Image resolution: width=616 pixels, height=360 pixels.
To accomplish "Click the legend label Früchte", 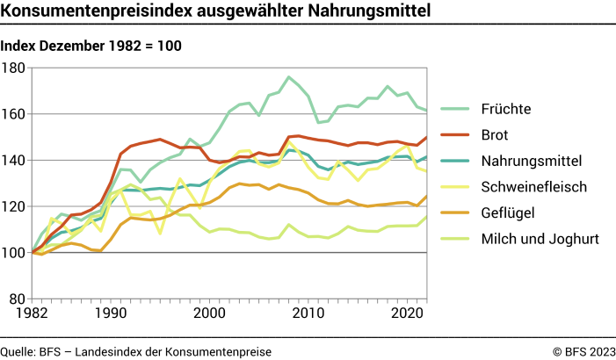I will point(508,110).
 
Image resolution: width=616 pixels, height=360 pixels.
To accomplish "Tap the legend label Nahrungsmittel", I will point(532,161).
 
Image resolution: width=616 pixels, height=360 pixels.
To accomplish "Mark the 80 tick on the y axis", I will point(18,299).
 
